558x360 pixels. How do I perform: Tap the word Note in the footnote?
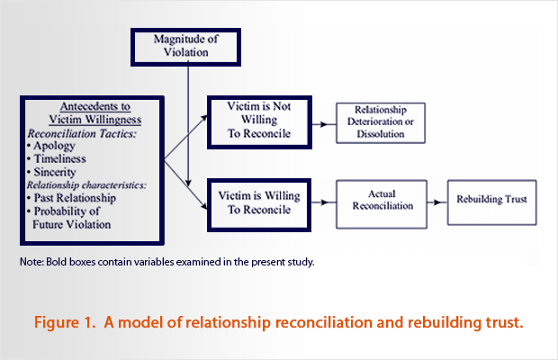[30, 262]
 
